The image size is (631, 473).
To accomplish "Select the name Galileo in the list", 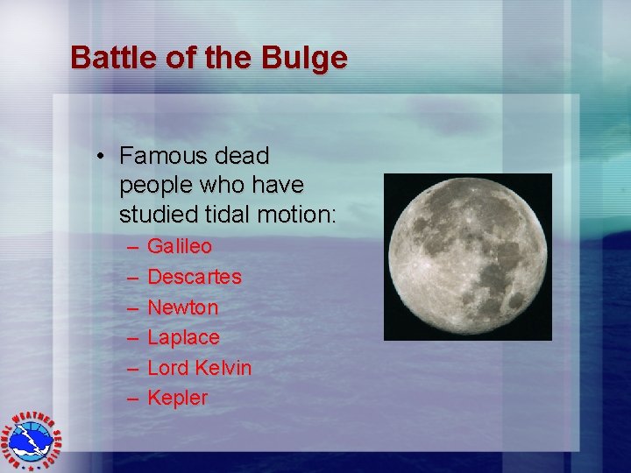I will coord(180,247).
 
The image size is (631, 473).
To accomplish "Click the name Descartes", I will coord(195,277).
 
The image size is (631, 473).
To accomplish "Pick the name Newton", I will coord(183,307).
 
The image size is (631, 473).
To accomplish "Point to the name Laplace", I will coord(183,337).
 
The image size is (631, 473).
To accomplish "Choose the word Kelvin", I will coord(223,368).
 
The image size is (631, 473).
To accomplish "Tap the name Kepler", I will coord(178,398).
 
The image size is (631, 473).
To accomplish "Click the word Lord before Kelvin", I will coord(168,368).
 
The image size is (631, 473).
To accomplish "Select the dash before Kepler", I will coord(133,399).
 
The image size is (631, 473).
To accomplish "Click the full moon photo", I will coord(468,257).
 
